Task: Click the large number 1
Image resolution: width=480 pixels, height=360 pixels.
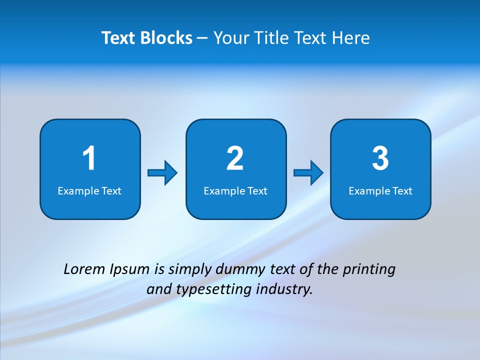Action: click(89, 158)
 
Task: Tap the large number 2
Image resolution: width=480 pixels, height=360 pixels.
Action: click(235, 158)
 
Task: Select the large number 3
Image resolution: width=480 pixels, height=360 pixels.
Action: click(380, 158)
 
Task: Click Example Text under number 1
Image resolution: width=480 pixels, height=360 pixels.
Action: click(89, 191)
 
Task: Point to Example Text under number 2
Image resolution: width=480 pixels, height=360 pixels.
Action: click(235, 191)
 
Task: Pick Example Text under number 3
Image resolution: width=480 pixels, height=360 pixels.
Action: click(380, 191)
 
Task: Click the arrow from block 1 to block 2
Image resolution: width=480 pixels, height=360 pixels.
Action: click(162, 172)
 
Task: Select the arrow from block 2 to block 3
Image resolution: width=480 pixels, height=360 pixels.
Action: click(308, 172)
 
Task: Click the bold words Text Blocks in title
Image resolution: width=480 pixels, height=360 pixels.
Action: click(147, 38)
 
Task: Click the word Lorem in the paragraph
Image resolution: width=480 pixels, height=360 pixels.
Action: click(85, 269)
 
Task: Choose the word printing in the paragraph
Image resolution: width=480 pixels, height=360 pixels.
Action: click(369, 270)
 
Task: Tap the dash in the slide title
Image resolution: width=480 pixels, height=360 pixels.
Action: click(202, 38)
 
